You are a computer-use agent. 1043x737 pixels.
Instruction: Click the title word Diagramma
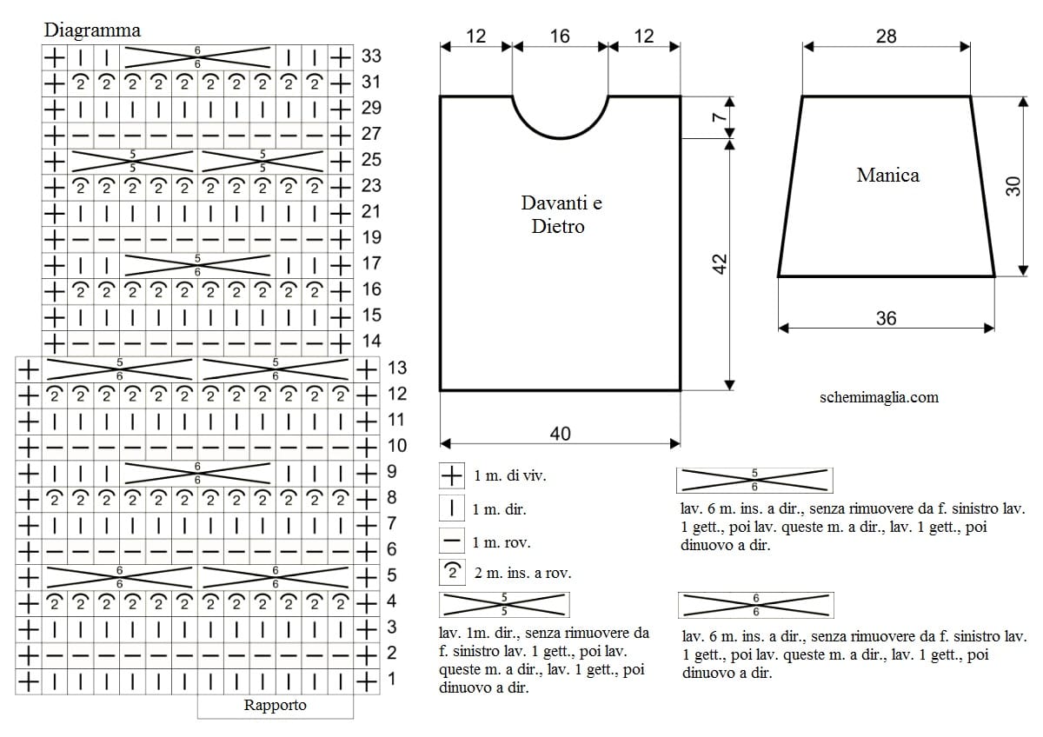point(92,30)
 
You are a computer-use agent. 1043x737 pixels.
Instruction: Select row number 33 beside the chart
point(371,56)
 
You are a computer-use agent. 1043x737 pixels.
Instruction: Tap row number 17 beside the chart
point(372,263)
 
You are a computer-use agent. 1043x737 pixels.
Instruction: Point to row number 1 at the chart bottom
point(392,679)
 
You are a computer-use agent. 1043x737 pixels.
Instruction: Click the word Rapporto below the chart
point(276,706)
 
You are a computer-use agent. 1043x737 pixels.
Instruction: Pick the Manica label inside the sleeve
point(888,176)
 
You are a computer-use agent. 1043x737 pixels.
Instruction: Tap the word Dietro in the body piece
point(558,227)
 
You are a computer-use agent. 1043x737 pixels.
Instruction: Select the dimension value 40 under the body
point(560,434)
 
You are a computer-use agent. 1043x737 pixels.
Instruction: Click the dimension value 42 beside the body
point(720,264)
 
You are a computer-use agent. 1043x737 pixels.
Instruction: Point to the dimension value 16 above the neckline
point(560,37)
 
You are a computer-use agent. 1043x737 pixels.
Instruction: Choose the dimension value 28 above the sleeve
point(886,37)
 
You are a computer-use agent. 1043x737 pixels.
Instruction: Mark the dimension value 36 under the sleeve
point(886,319)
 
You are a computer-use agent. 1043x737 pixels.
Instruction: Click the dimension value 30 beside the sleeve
point(1013,186)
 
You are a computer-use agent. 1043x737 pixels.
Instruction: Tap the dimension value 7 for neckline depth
point(720,116)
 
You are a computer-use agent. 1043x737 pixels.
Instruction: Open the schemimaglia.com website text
point(879,397)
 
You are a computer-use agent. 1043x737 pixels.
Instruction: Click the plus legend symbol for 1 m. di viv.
point(452,475)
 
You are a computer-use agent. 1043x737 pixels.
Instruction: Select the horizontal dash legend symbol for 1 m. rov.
point(452,541)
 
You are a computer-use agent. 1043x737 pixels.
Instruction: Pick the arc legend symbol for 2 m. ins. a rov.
point(452,572)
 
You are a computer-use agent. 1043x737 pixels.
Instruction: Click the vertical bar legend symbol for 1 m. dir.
point(452,508)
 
